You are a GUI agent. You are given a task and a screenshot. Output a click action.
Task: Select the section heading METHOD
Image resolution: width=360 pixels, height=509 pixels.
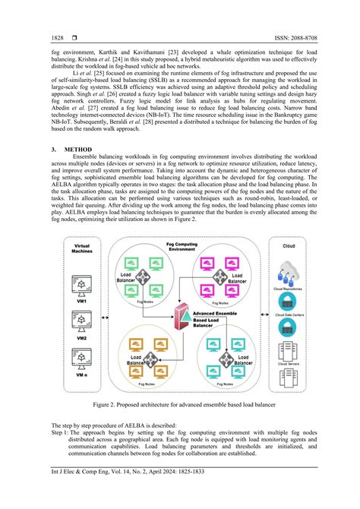coord(78,149)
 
